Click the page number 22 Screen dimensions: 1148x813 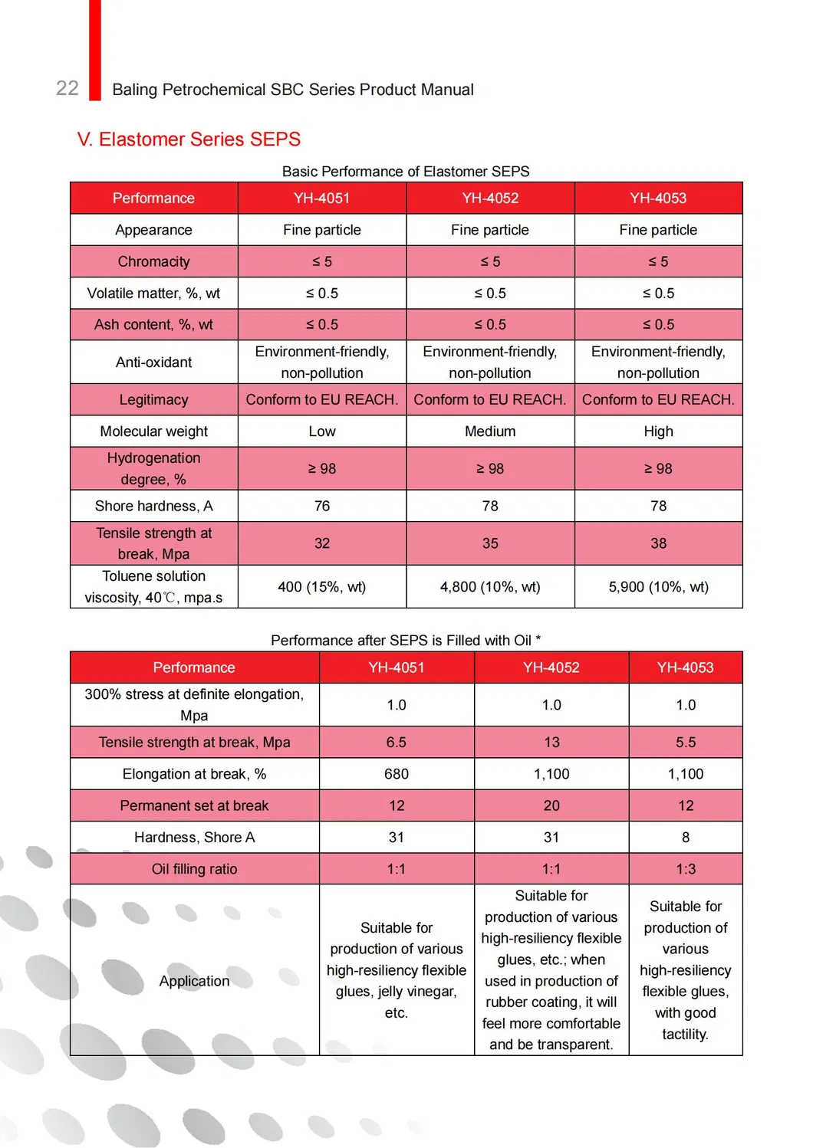click(67, 88)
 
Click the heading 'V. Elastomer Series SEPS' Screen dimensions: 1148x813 click(189, 139)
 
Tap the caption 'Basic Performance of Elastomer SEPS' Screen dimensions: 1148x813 click(406, 171)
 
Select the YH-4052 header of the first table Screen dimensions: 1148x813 click(490, 198)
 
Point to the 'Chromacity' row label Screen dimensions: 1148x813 click(153, 261)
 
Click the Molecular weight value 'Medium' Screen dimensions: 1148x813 click(490, 431)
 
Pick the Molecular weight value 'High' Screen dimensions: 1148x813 click(658, 431)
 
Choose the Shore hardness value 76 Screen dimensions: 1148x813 click(322, 506)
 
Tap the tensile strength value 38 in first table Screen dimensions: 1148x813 click(658, 543)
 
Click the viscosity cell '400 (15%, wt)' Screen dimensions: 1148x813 click(322, 587)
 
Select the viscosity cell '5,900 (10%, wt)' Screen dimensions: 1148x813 click(658, 587)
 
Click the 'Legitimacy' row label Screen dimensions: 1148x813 click(153, 399)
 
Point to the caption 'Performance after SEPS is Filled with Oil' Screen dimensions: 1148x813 click(406, 640)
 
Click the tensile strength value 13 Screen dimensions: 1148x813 click(551, 742)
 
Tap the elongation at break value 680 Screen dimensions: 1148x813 click(397, 774)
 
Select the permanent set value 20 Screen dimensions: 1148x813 click(551, 805)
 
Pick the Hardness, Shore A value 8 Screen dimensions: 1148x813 click(686, 838)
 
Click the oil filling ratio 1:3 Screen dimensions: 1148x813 click(686, 869)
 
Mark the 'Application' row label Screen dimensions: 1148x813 click(194, 981)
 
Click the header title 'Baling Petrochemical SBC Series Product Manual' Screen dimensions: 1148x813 click(293, 90)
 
